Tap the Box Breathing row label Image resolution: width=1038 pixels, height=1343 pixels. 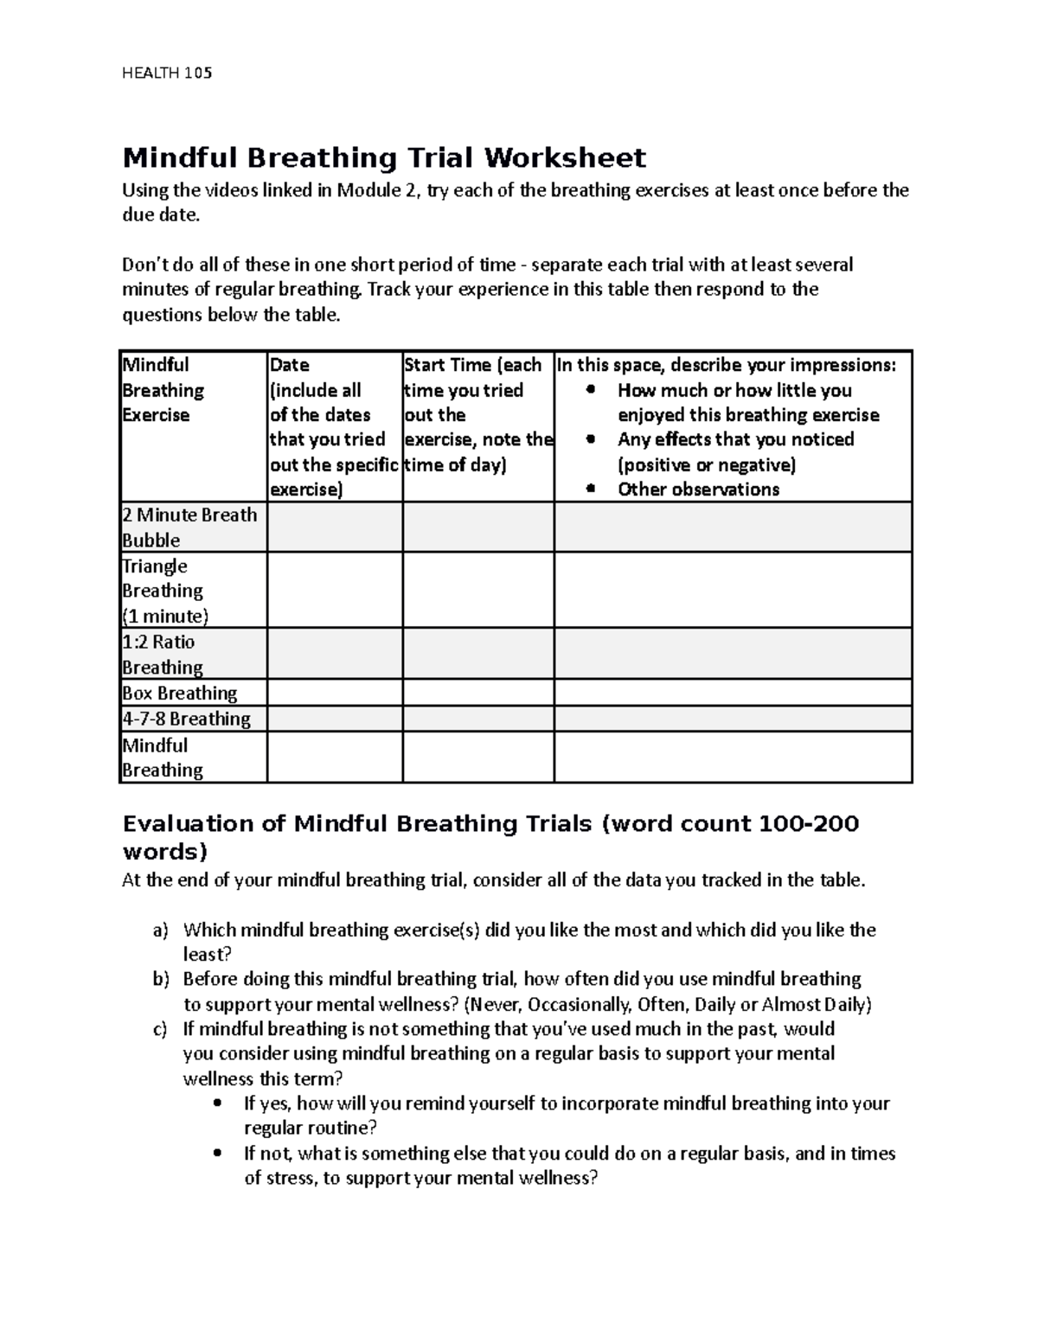pyautogui.click(x=179, y=693)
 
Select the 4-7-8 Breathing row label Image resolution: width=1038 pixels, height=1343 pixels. pyautogui.click(x=186, y=719)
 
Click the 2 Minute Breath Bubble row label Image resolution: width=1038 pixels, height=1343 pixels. pyautogui.click(x=189, y=528)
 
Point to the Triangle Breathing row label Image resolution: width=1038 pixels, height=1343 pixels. pyautogui.click(x=164, y=591)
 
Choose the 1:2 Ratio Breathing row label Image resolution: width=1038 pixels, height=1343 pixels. pyautogui.click(x=163, y=654)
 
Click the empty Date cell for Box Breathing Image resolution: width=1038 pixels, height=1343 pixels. pyautogui.click(x=335, y=693)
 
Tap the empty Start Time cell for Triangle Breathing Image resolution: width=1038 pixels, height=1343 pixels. pyautogui.click(x=477, y=591)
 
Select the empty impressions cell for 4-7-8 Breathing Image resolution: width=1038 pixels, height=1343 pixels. pyautogui.click(x=733, y=719)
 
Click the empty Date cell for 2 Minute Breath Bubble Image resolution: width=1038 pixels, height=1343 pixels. pyautogui.click(x=335, y=528)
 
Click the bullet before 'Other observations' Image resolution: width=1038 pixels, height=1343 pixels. pyautogui.click(x=591, y=489)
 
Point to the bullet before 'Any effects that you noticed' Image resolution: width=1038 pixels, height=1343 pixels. pyautogui.click(x=591, y=439)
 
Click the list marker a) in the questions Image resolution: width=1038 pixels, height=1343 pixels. pyautogui.click(x=159, y=931)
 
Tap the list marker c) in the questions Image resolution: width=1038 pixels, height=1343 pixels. pyautogui.click(x=159, y=1029)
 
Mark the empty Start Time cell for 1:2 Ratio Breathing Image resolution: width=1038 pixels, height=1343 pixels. pyautogui.click(x=477, y=654)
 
